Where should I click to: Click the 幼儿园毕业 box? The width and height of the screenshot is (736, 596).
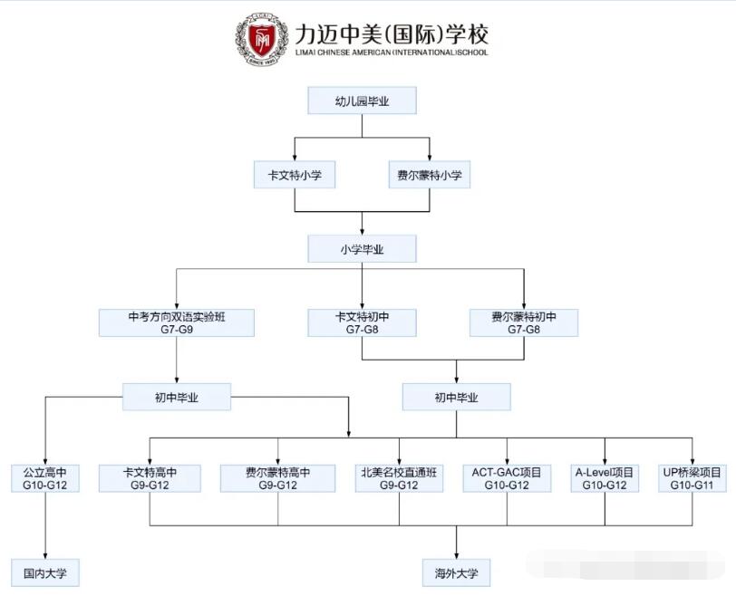pos(362,101)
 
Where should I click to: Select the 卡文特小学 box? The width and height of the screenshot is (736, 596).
pos(295,175)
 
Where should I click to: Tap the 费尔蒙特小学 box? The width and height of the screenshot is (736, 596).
pos(429,175)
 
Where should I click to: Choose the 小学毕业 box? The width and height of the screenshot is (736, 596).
pos(362,249)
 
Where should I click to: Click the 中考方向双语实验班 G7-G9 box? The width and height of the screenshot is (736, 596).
pos(176,323)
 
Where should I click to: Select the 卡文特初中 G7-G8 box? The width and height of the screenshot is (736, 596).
pos(362,323)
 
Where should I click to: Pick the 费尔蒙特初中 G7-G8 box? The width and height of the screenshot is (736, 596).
pos(523,323)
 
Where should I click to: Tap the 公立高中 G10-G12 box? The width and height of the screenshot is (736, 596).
pos(45,478)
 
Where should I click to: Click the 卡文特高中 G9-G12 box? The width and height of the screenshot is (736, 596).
pos(150,478)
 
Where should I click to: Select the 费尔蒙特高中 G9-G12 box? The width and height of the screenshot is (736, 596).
pos(277,478)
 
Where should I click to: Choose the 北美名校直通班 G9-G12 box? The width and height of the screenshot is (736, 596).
pos(399,478)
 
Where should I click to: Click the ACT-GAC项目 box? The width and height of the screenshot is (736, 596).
pos(507,478)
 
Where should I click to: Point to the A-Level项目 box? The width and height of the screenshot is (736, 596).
pos(605,478)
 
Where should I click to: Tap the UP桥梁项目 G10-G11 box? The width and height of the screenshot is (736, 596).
pos(692,478)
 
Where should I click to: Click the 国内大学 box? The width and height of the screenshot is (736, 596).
pos(45,572)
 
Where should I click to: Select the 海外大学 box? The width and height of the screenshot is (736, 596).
pos(456,572)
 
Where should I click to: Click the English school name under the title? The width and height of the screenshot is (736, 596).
pos(391,53)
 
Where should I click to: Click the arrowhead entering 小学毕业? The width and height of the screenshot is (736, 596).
pos(362,231)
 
